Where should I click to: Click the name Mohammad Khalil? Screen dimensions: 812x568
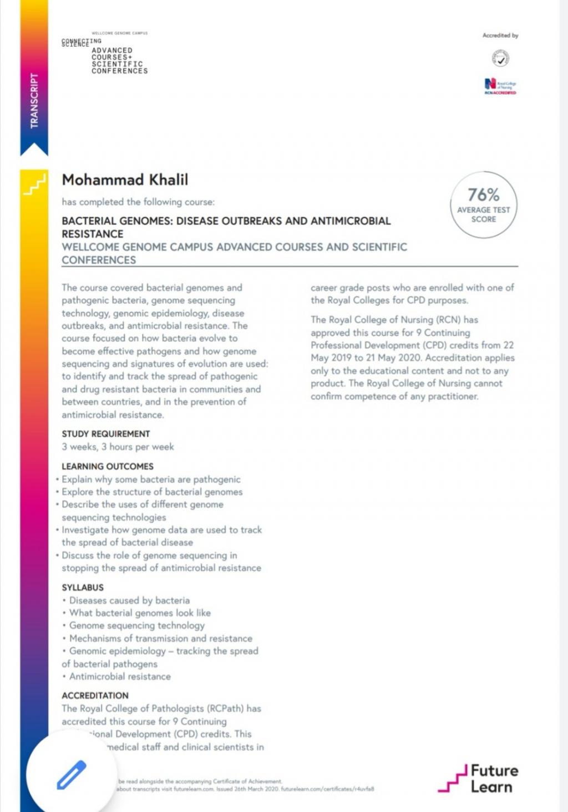click(125, 180)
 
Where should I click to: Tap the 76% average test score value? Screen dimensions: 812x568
click(483, 195)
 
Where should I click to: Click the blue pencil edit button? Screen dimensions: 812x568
click(72, 775)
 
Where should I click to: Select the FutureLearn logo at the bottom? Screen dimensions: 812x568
click(478, 778)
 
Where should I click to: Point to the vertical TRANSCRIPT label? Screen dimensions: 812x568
click(34, 101)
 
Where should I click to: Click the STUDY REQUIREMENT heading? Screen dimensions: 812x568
click(105, 434)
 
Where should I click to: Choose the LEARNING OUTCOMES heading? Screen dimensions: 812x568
click(107, 467)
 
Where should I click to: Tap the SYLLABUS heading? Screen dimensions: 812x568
click(83, 588)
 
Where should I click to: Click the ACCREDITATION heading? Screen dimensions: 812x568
click(95, 696)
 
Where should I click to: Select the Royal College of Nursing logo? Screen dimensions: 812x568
click(500, 86)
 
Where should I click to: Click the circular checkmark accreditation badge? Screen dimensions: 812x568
click(500, 58)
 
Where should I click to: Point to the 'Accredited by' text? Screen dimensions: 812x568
click(500, 36)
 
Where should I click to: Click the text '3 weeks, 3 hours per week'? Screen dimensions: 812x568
click(118, 447)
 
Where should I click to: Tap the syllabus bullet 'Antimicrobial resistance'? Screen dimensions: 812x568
click(120, 677)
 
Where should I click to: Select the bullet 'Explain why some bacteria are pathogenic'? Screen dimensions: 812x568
click(151, 479)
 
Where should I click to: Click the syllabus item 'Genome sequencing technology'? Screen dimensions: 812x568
click(136, 625)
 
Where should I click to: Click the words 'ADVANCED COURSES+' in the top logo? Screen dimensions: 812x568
click(112, 54)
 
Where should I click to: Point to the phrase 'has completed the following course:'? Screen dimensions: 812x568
click(138, 202)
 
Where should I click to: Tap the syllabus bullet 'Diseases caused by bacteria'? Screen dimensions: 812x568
click(129, 600)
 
